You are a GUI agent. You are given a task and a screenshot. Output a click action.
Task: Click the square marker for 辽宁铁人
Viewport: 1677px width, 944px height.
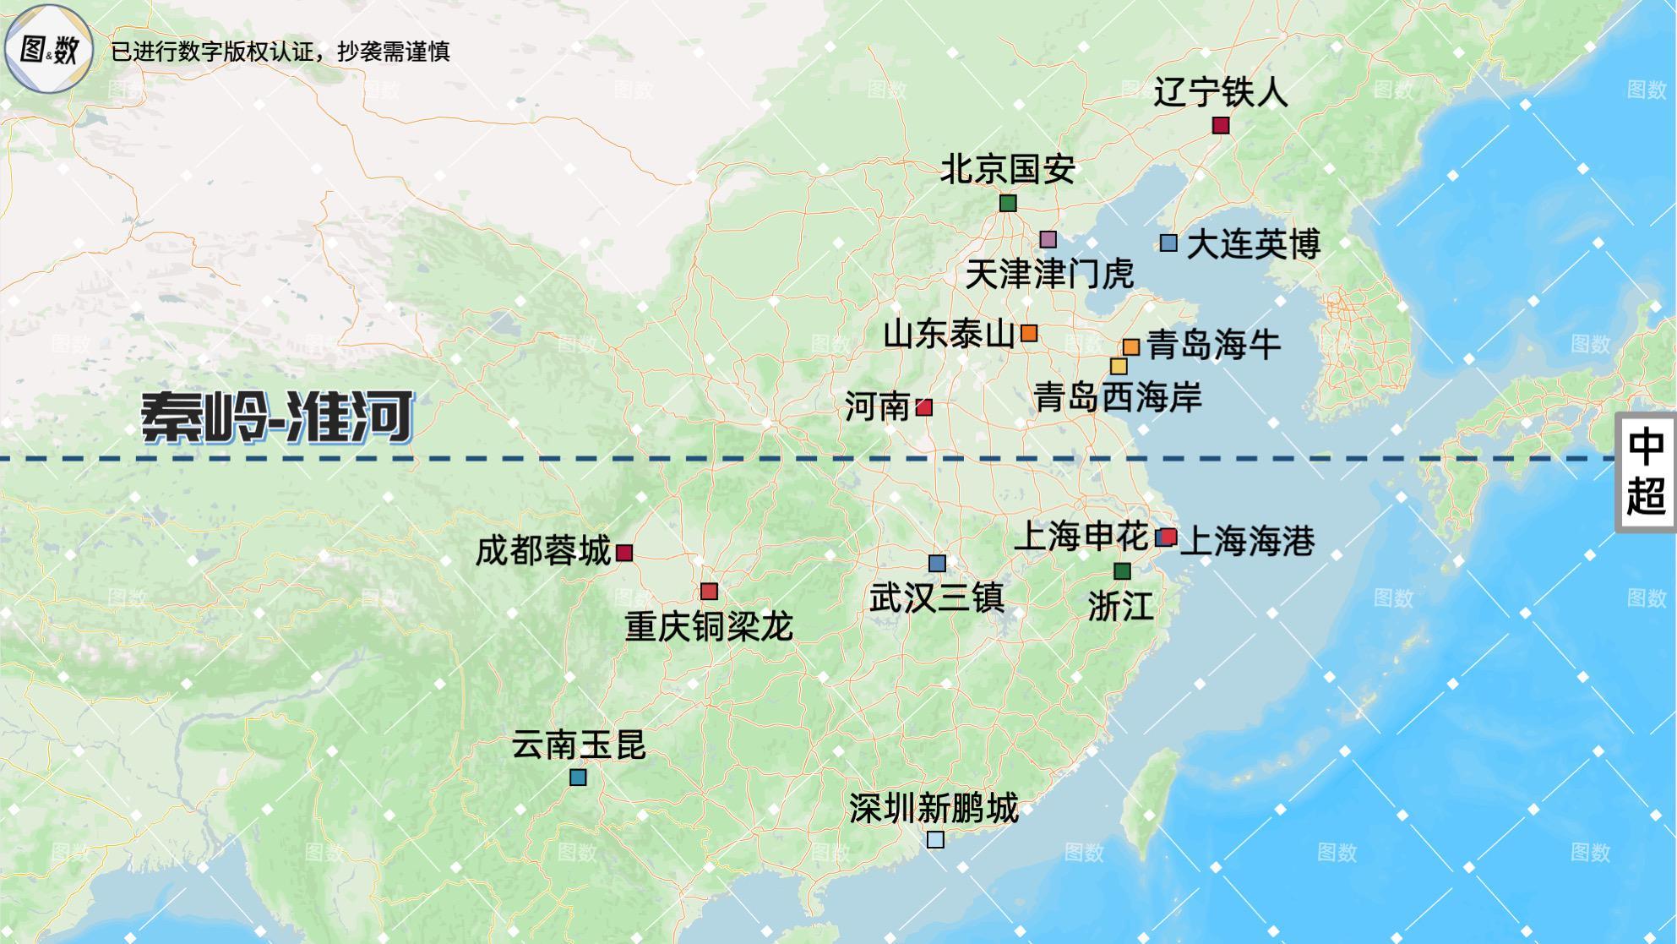tap(1220, 125)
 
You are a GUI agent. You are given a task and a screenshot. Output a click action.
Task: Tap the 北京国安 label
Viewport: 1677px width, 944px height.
tap(1007, 170)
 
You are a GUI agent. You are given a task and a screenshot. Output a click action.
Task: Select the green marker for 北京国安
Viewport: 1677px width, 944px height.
tap(1007, 203)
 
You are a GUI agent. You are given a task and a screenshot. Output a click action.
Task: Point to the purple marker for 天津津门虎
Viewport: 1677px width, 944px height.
tap(1048, 239)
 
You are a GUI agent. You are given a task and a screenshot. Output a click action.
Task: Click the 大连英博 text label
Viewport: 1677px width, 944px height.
tap(1253, 245)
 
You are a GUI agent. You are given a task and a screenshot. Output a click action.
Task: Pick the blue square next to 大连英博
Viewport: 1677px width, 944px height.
tap(1168, 243)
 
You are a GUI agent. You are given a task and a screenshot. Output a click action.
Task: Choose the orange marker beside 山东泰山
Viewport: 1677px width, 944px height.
tap(1028, 333)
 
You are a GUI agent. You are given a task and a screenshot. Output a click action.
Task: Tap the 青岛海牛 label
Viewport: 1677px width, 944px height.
tap(1214, 345)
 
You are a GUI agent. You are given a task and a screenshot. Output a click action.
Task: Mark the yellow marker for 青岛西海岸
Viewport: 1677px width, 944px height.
tap(1119, 366)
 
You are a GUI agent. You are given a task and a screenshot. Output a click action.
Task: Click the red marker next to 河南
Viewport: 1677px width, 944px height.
tap(924, 407)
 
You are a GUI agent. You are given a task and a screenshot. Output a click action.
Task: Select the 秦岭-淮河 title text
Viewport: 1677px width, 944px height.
tap(277, 417)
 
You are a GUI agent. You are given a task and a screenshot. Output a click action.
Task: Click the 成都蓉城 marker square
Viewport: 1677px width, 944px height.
tap(624, 553)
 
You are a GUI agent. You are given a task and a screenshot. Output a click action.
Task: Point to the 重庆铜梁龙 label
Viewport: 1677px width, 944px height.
tap(709, 627)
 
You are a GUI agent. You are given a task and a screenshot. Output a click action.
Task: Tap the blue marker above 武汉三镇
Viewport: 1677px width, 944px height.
tap(937, 563)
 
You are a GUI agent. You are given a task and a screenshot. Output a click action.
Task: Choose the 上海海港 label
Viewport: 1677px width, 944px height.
tap(1247, 541)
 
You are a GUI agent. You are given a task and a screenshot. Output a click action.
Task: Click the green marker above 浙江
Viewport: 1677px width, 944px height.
tap(1122, 570)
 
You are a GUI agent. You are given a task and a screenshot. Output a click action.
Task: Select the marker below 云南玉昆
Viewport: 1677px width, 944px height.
tap(578, 777)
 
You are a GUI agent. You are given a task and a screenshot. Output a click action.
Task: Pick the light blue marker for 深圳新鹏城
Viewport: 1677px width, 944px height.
tap(935, 839)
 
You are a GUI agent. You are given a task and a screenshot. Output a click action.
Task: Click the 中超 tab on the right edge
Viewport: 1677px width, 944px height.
tap(1645, 472)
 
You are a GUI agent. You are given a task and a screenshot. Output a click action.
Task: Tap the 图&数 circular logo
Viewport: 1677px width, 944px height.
tap(48, 49)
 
